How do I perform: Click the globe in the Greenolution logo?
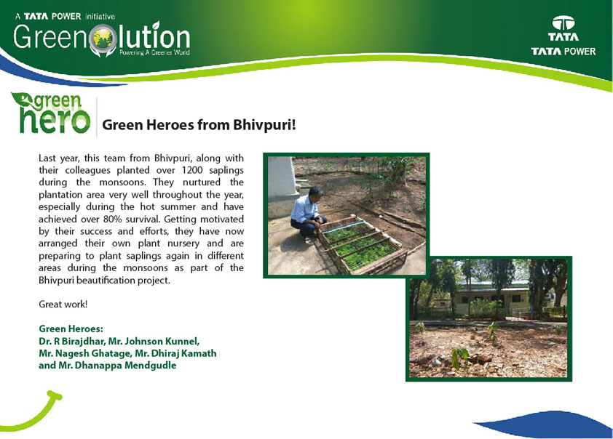103,39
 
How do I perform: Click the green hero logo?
51,113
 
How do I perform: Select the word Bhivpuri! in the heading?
265,125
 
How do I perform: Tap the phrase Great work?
63,305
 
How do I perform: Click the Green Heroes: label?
71,329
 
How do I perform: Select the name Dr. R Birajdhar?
72,341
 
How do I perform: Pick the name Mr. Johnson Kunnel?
154,341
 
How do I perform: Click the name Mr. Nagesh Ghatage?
85,353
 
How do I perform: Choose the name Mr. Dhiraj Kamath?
175,353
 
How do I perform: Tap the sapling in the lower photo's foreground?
460,357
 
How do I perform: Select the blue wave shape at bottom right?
547,424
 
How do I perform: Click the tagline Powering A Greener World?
154,52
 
